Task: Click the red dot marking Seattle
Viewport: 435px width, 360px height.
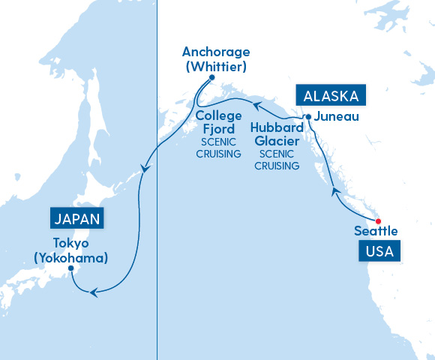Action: [x=378, y=220]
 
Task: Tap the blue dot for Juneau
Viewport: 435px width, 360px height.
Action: [x=308, y=117]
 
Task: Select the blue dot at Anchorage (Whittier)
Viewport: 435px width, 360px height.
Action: [x=212, y=77]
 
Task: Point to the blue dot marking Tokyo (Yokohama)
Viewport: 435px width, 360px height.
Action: [x=70, y=268]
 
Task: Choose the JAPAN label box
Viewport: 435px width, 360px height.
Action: [x=76, y=219]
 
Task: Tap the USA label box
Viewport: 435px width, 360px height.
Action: [x=379, y=250]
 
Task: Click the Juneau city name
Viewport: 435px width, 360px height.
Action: [x=331, y=117]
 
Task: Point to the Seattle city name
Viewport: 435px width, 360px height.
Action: [x=376, y=231]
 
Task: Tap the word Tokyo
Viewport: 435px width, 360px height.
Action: [x=71, y=243]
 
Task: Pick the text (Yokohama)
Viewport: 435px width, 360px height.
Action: [x=71, y=256]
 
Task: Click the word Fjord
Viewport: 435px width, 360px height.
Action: [x=218, y=129]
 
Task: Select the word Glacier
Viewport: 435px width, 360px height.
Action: [x=277, y=140]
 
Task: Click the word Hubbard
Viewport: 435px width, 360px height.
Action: [x=277, y=127]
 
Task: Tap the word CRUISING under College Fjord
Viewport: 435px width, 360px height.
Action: [x=218, y=154]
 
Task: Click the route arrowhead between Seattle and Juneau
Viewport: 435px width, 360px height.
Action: [x=335, y=193]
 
